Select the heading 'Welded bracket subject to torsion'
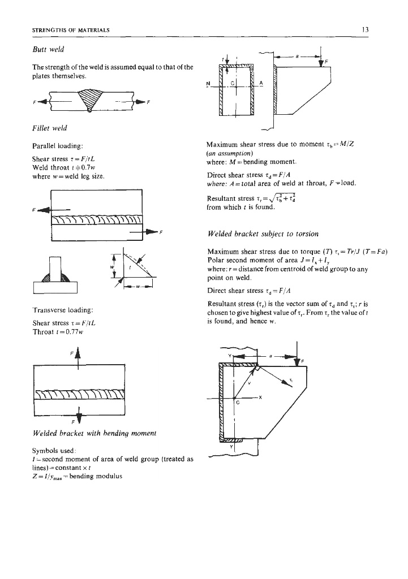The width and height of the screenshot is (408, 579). pos(256,234)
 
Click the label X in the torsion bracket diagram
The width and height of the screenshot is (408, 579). pos(260,397)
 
